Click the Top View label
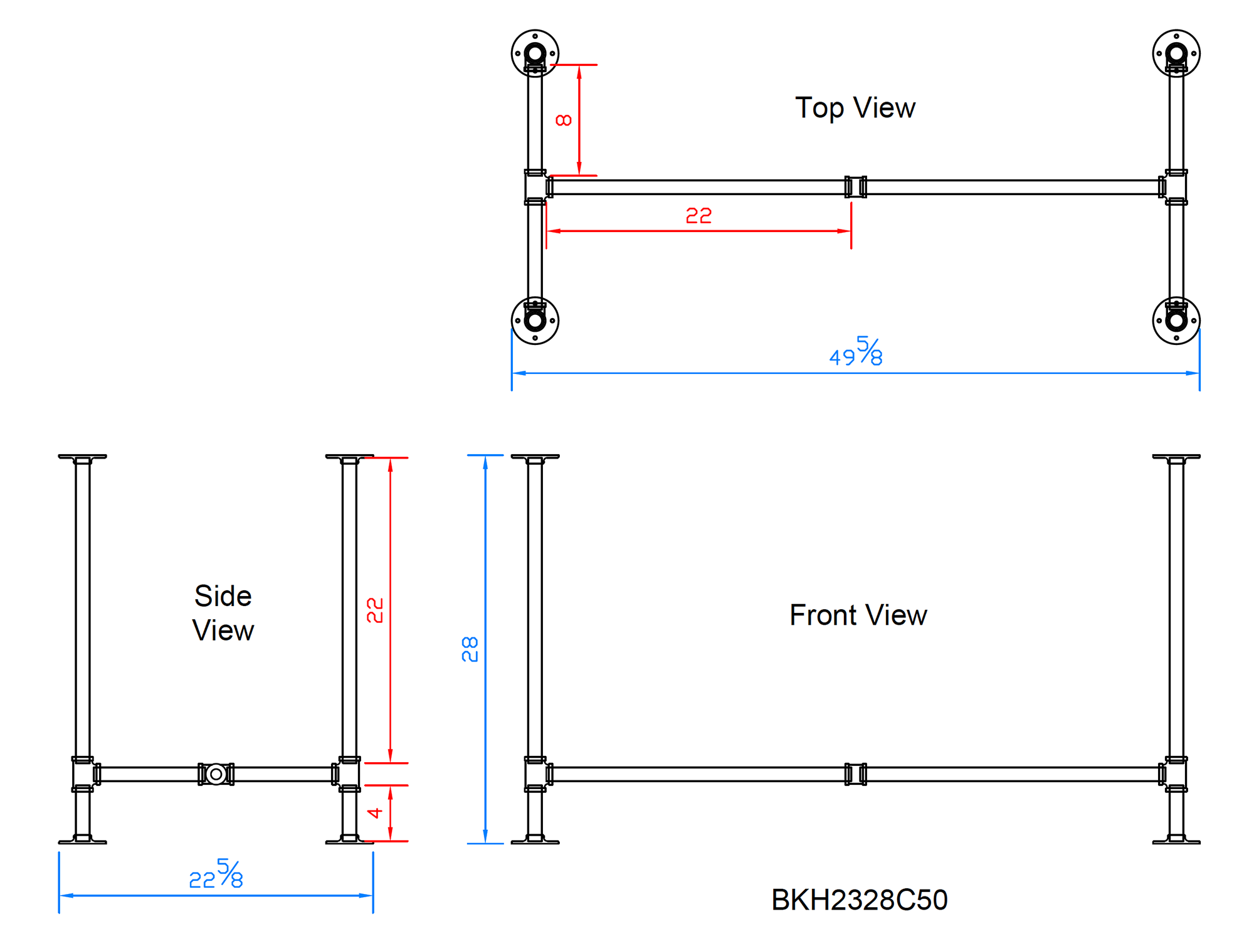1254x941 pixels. click(855, 108)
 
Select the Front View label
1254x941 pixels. click(858, 615)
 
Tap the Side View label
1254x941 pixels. click(223, 613)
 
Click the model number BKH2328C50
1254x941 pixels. click(859, 900)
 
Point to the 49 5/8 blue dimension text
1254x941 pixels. click(856, 352)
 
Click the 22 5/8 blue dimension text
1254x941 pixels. click(216, 875)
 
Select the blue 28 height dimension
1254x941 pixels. click(470, 649)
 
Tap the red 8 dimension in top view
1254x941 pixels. click(564, 120)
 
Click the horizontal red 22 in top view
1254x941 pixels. click(698, 216)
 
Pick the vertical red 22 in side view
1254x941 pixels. click(374, 610)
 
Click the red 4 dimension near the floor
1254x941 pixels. click(375, 813)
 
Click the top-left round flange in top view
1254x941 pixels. click(535, 53)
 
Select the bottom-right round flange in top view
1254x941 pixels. click(1176, 321)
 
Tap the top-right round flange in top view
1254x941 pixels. click(1176, 53)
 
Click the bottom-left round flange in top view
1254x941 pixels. click(535, 321)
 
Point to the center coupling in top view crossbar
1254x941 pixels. click(855, 187)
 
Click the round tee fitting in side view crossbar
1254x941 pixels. click(216, 774)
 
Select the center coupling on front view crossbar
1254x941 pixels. click(855, 774)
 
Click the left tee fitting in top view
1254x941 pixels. click(535, 187)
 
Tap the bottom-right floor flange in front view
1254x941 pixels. click(1176, 840)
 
